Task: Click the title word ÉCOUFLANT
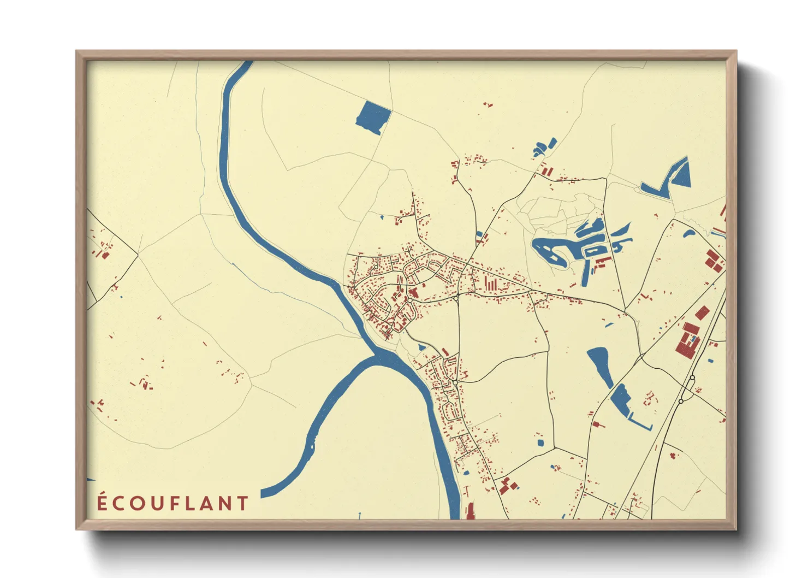[x=173, y=503]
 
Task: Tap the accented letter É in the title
[x=102, y=502]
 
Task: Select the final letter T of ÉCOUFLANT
[x=243, y=504]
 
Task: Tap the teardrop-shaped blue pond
[x=599, y=365]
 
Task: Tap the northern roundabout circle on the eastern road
[x=692, y=378]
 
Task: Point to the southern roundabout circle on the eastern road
[x=681, y=402]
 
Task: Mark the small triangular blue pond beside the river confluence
[x=421, y=347]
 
